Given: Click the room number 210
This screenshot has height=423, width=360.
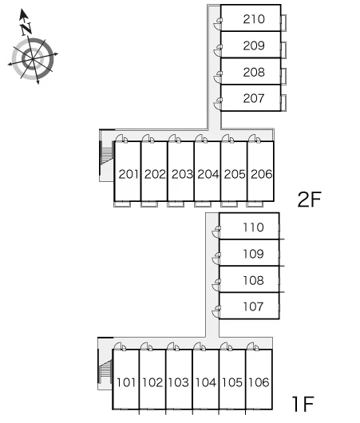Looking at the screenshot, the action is coord(254,19).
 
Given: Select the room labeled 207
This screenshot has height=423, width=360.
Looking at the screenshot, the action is coord(254,98).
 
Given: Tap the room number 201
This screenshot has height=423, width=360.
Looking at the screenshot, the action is coord(129,174).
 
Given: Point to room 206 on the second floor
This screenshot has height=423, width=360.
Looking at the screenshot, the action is coord(261,174).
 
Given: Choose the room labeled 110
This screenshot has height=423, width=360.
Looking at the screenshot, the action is coord(253,227).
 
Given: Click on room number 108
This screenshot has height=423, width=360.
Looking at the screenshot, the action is coord(253,281).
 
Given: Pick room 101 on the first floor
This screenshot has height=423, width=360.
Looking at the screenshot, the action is coord(126,382).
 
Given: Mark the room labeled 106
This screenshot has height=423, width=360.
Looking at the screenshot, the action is coord(259,382).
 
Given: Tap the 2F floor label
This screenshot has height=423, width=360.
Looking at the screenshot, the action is coord(309,200).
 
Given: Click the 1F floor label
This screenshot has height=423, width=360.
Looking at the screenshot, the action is coord(303,404).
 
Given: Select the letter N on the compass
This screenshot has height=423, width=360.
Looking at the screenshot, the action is coord(26,29).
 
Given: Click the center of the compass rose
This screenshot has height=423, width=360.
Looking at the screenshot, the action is coord(33,59).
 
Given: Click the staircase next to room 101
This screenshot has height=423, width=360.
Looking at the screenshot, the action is coord(105,372).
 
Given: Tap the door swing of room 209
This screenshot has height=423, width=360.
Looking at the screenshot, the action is coord(218,50).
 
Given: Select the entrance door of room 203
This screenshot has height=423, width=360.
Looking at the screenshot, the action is coord(174,139).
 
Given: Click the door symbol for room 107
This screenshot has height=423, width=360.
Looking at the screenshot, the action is coord(216,312).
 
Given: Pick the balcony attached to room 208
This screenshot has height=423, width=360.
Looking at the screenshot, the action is coord(283,77).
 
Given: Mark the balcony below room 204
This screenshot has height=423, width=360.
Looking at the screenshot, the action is coord(203,204).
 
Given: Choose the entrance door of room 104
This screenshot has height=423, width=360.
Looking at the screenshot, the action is coord(200,346).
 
